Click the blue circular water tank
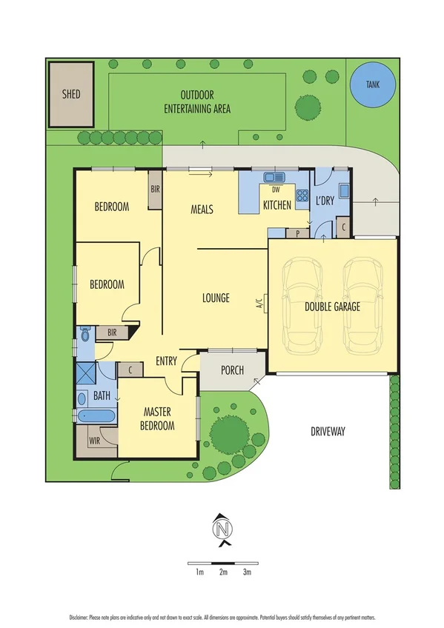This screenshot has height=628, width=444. click(371, 84)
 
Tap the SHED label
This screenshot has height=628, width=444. click(71, 95)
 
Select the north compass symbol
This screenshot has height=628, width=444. click(222, 530)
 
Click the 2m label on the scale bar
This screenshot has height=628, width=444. click(223, 572)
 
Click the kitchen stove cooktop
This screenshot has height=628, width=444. click(302, 196)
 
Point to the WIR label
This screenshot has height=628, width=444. click(94, 441)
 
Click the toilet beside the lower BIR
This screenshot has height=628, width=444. click(85, 335)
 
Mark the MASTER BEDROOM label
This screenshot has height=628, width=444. click(159, 418)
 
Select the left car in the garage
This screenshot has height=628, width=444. click(302, 304)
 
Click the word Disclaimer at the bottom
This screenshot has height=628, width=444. click(79, 616)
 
